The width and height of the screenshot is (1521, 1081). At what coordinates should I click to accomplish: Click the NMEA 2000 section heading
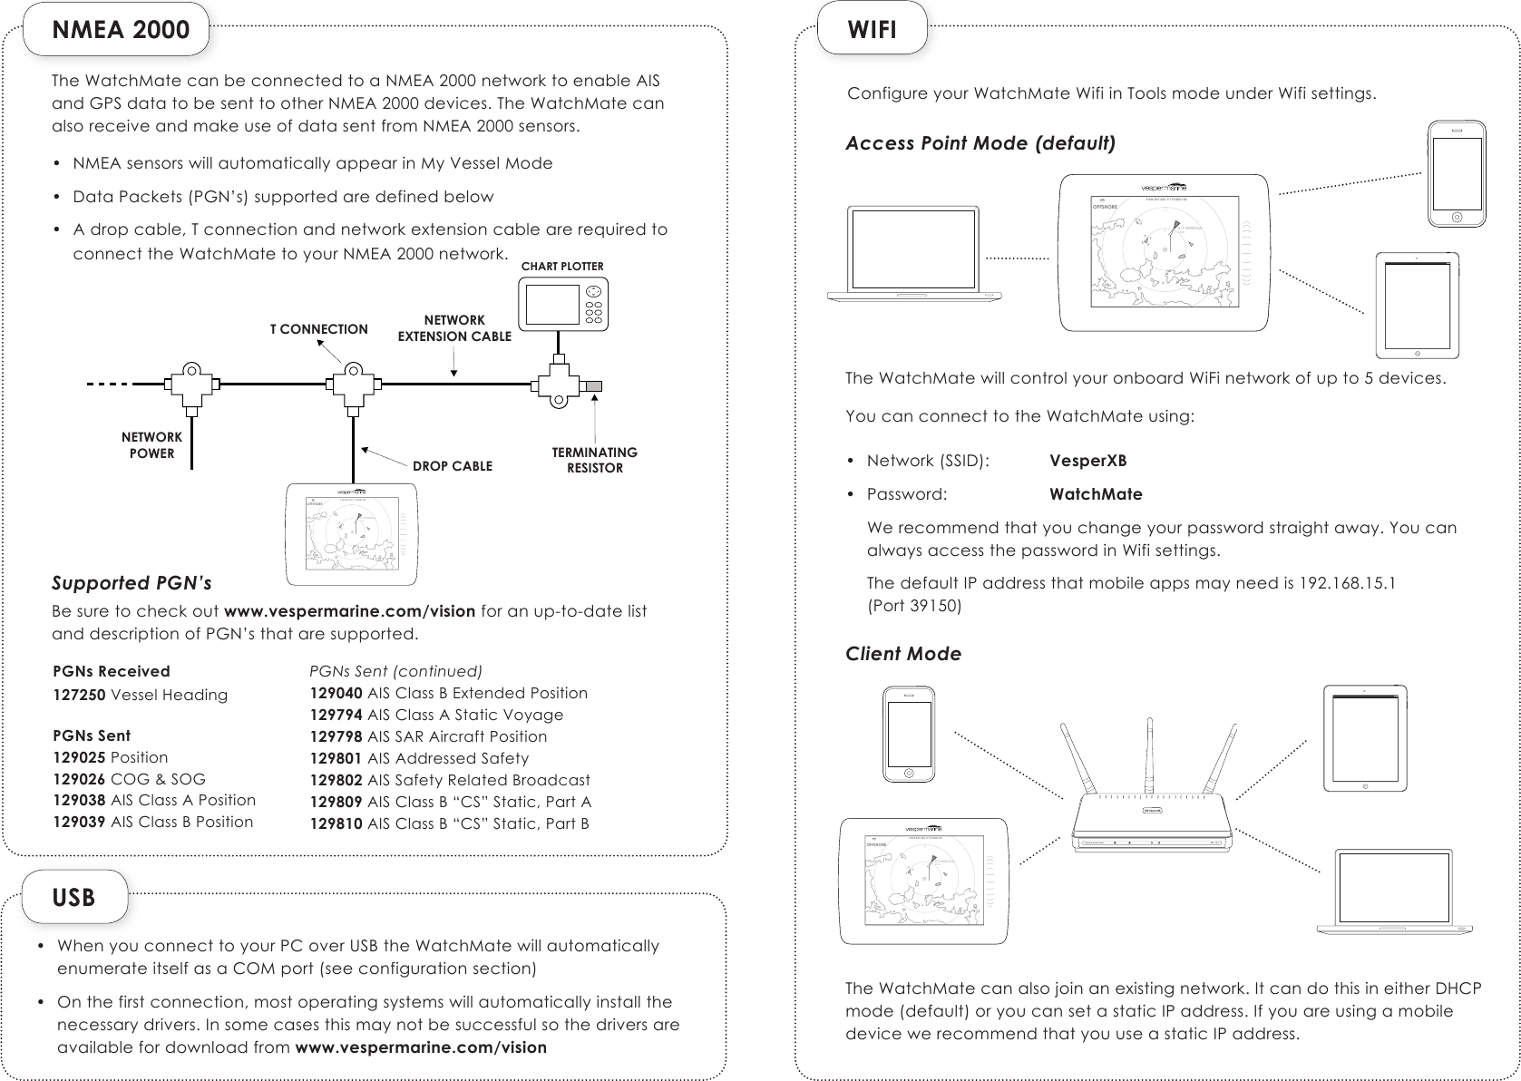point(122,29)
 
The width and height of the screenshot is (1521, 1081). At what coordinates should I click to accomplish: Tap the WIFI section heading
point(872,29)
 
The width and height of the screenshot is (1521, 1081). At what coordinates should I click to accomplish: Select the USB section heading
point(73,897)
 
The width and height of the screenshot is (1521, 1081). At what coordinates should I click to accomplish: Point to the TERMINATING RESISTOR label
point(595,460)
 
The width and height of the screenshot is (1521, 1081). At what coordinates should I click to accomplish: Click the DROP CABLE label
point(453,466)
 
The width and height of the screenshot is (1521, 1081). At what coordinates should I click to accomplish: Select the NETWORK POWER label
point(151,445)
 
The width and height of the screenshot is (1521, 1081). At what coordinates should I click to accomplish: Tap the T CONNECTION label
point(318,329)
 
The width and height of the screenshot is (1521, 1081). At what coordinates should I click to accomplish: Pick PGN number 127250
point(79,695)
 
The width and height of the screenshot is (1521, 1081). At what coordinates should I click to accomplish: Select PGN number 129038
point(79,800)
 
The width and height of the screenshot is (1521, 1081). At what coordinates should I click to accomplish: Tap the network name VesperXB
point(1087,460)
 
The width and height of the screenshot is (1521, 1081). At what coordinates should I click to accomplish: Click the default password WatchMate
point(1096,494)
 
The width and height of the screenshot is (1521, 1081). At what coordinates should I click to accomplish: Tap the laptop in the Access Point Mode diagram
point(917,255)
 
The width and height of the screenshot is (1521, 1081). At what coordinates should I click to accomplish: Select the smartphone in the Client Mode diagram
point(909,733)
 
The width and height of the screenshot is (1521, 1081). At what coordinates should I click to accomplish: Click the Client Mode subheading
point(902,654)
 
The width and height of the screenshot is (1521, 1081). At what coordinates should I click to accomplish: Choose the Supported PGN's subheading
point(132,582)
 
